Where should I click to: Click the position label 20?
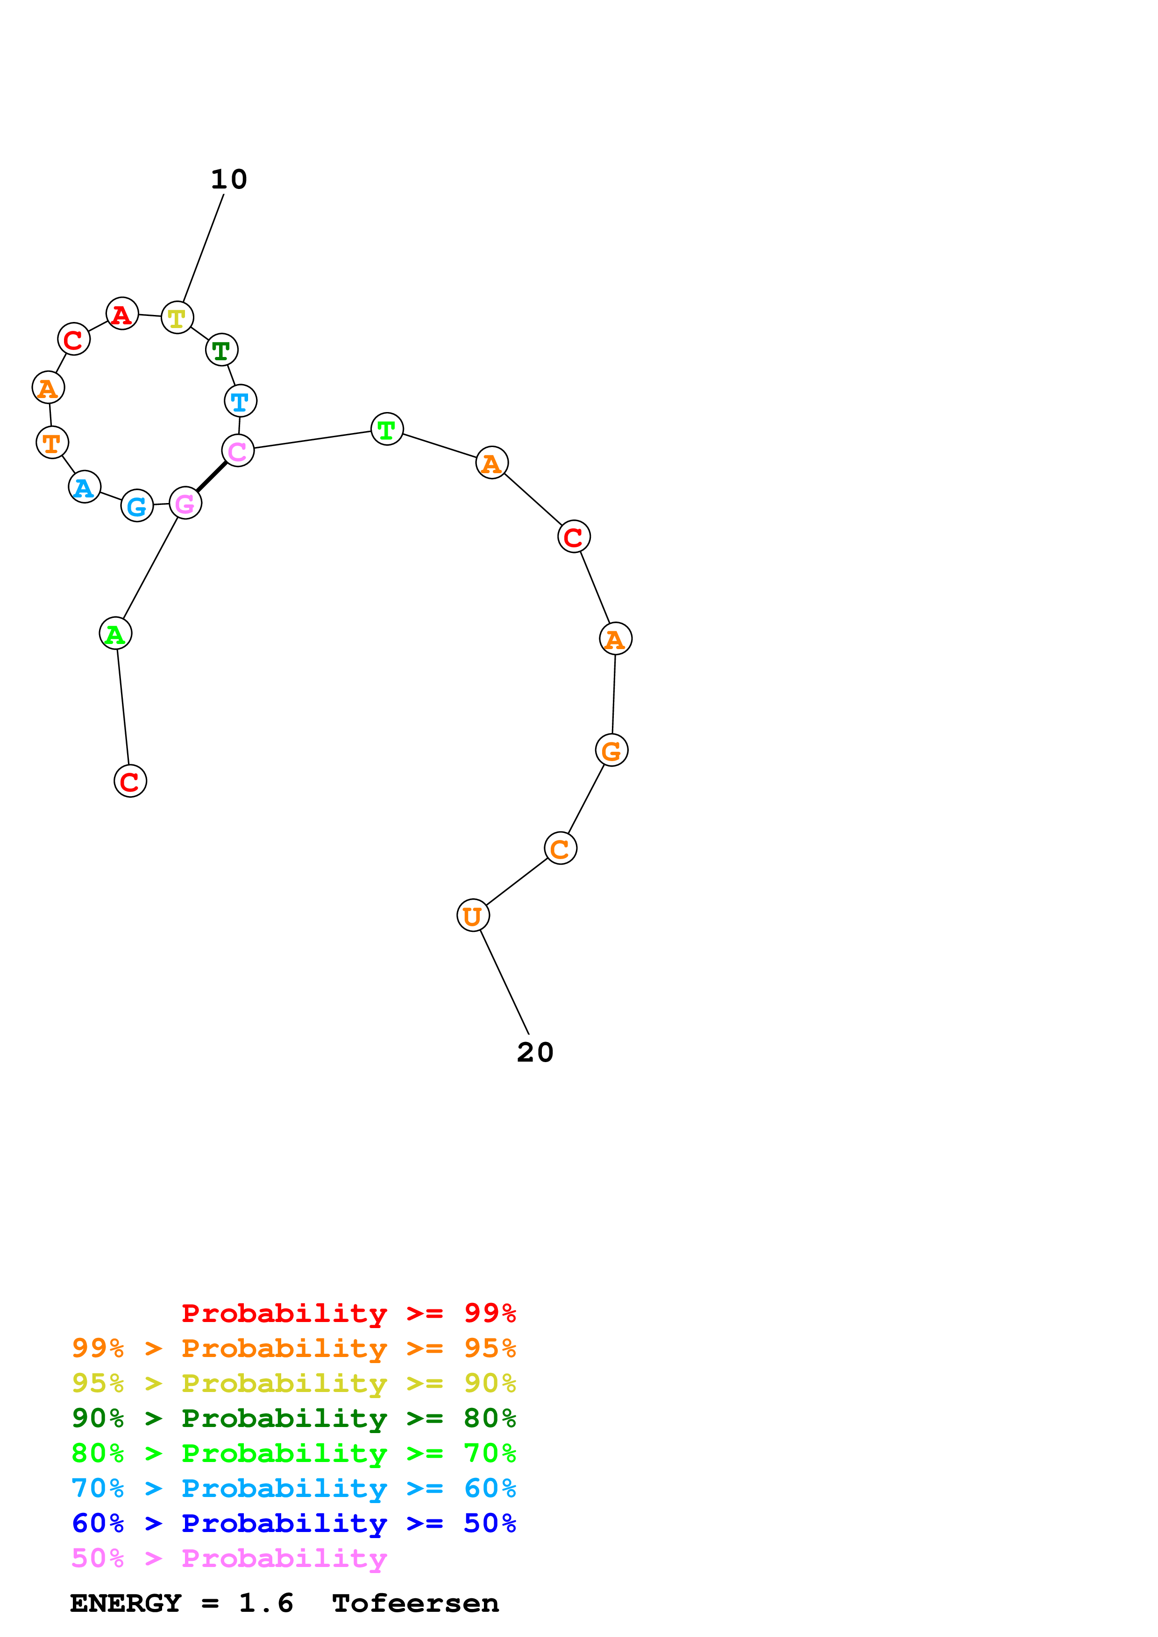tap(535, 1052)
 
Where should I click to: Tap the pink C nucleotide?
tap(238, 451)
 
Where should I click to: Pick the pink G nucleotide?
tap(185, 504)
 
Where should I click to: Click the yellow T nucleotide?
tap(177, 317)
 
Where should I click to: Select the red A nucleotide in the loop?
tap(122, 313)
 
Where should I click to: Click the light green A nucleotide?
tap(115, 633)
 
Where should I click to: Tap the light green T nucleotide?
tap(387, 429)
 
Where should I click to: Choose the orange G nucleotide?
tap(611, 750)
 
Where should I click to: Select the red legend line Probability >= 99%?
tap(348, 1313)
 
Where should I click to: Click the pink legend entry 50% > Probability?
tap(229, 1559)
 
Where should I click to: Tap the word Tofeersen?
tap(415, 1603)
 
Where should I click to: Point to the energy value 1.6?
tap(265, 1603)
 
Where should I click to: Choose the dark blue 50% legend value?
tap(490, 1524)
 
